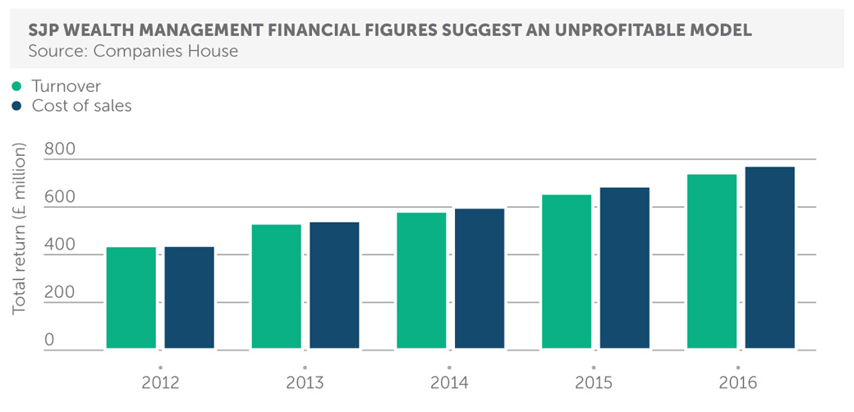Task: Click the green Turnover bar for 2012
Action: [131, 298]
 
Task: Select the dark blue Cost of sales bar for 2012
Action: [189, 298]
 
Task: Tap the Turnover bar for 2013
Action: [276, 286]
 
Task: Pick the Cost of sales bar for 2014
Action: [480, 279]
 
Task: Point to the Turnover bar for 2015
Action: [567, 272]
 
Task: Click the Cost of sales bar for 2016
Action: [769, 258]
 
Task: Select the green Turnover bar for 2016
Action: [711, 262]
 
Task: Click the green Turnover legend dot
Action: [16, 86]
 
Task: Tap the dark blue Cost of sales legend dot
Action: [16, 106]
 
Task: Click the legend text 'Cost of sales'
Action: [81, 106]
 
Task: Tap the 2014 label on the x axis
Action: [449, 383]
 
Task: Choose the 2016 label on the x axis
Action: [737, 383]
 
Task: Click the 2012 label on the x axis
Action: [160, 383]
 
